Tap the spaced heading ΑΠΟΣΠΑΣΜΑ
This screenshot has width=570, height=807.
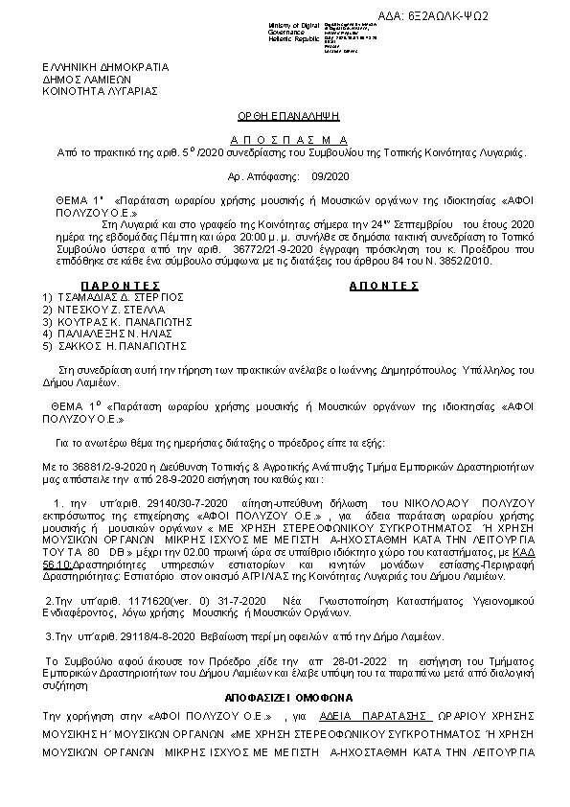[285, 140]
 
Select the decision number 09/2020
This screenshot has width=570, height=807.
[332, 177]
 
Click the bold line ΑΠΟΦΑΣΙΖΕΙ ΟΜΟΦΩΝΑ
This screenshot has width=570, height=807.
[285, 699]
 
